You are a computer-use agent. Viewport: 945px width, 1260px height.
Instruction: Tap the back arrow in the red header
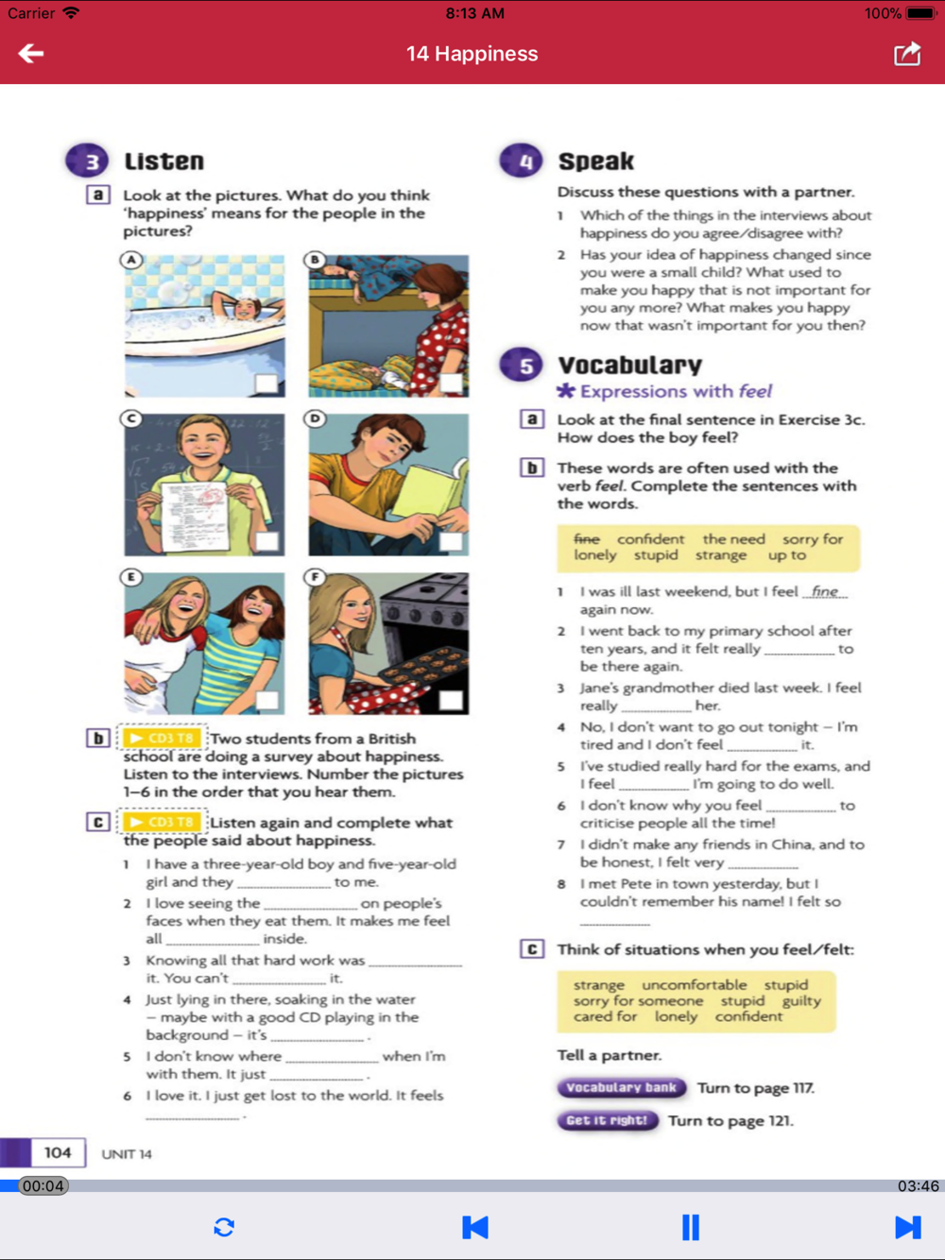click(x=31, y=54)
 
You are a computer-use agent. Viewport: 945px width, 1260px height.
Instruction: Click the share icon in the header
click(x=907, y=54)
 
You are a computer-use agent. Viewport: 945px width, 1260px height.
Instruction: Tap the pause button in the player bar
click(x=691, y=1227)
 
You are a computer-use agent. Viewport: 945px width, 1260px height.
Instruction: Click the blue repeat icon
click(x=224, y=1227)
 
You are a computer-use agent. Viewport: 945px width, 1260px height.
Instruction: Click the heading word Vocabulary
click(x=629, y=366)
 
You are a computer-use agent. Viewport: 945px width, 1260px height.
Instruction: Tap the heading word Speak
click(x=595, y=162)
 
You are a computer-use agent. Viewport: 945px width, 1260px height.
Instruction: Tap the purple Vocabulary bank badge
click(x=621, y=1088)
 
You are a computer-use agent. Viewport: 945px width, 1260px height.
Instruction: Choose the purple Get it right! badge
click(x=607, y=1121)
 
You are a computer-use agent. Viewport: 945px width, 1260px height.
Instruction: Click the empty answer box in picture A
click(x=266, y=383)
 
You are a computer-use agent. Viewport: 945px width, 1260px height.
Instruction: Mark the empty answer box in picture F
click(x=451, y=700)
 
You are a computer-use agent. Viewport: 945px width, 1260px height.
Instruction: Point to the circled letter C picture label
click(x=131, y=418)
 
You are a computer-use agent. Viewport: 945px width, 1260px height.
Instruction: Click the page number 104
click(x=58, y=1152)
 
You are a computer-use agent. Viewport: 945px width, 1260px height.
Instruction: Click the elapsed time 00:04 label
click(x=43, y=1186)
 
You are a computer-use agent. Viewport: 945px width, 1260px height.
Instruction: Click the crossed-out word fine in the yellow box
click(x=587, y=538)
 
